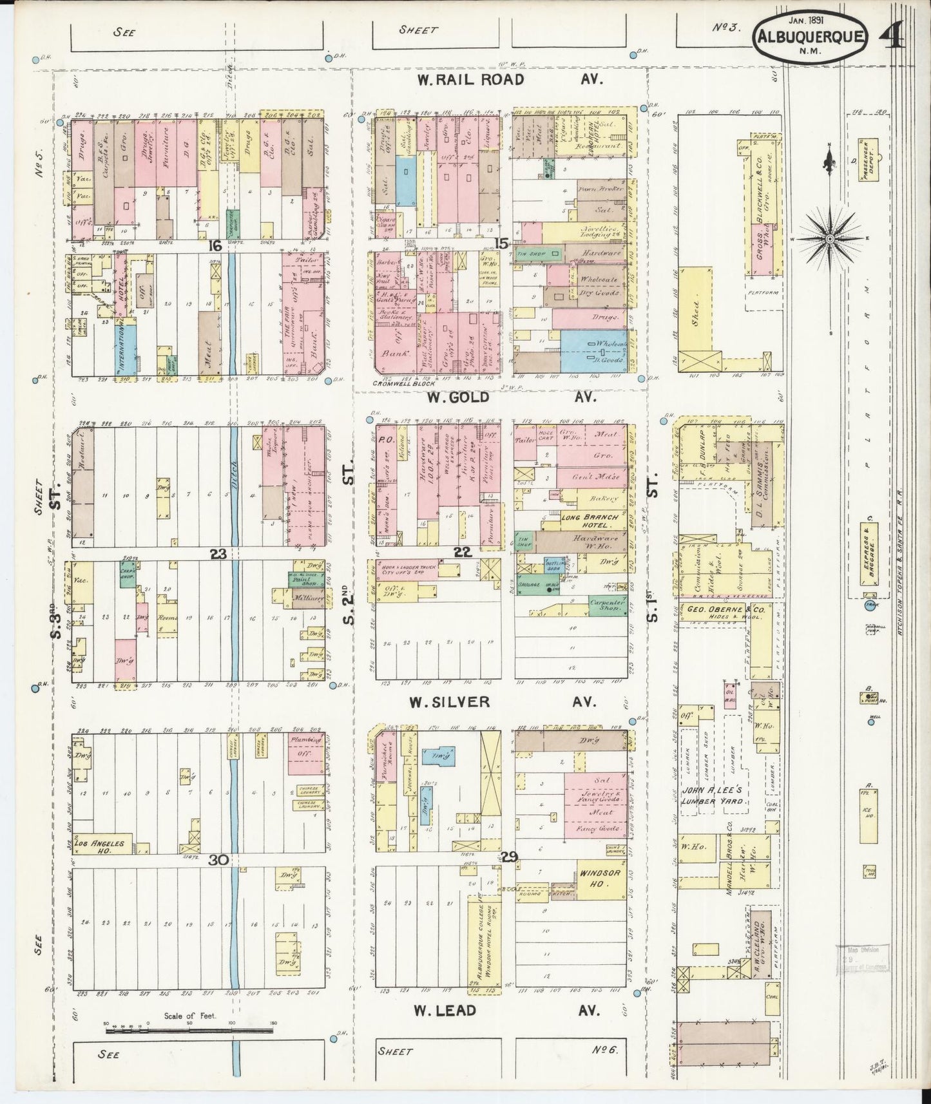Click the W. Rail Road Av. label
[x=509, y=79]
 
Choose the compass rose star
[x=830, y=239]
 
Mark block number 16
[x=215, y=245]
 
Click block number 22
[x=461, y=551]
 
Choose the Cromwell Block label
[x=404, y=384]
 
